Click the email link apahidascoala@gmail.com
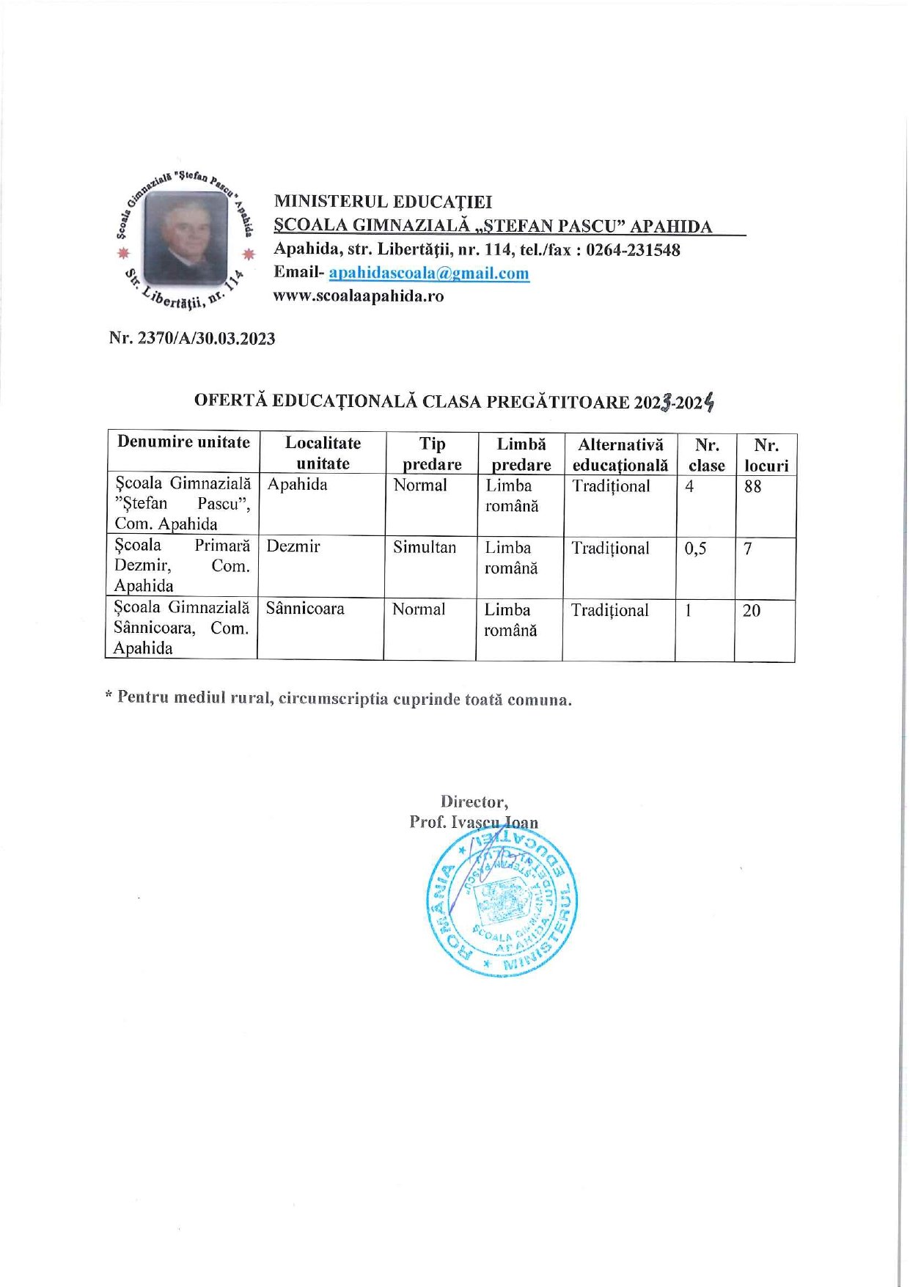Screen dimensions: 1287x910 coord(429,274)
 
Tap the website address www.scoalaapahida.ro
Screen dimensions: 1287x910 coord(359,296)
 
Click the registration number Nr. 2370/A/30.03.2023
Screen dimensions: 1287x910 coord(192,339)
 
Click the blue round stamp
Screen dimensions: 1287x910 coord(502,901)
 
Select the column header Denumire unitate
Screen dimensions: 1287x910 coord(183,442)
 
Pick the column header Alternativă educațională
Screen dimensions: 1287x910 coord(620,455)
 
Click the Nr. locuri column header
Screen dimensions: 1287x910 coord(766,455)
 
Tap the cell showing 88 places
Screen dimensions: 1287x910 coord(753,486)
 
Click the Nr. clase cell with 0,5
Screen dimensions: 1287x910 coord(696,549)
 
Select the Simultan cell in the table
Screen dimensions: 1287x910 coord(425,548)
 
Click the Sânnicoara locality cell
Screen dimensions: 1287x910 coord(305,609)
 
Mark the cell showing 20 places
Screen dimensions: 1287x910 coord(752,610)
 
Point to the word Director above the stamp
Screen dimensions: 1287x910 coord(474,802)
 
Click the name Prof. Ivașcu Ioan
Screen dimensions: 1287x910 coord(474,822)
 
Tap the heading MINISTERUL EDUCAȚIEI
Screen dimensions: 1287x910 coord(383,202)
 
